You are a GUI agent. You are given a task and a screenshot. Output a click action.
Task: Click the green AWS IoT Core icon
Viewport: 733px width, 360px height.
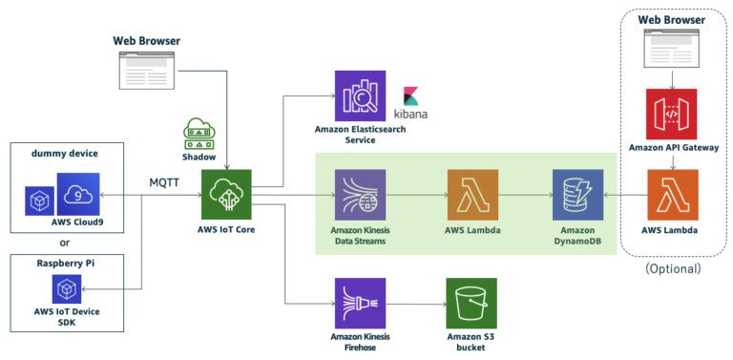tap(226, 195)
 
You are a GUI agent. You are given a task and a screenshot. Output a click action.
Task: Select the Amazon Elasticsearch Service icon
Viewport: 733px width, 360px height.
tap(359, 95)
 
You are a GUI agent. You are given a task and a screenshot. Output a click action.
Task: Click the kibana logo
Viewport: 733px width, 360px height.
tap(413, 103)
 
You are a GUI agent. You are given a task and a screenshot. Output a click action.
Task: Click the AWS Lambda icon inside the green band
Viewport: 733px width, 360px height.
tap(471, 195)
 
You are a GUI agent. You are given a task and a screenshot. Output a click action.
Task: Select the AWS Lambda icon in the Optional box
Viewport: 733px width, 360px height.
tap(672, 195)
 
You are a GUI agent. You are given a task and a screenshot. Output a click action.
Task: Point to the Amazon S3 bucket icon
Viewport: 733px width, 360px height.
tap(471, 303)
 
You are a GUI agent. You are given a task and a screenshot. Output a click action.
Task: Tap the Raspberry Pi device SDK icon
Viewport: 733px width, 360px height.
tap(67, 288)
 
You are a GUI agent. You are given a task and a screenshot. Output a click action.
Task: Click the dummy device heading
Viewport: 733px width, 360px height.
tap(64, 154)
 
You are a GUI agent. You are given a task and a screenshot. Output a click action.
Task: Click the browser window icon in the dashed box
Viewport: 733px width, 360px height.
tap(673, 48)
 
